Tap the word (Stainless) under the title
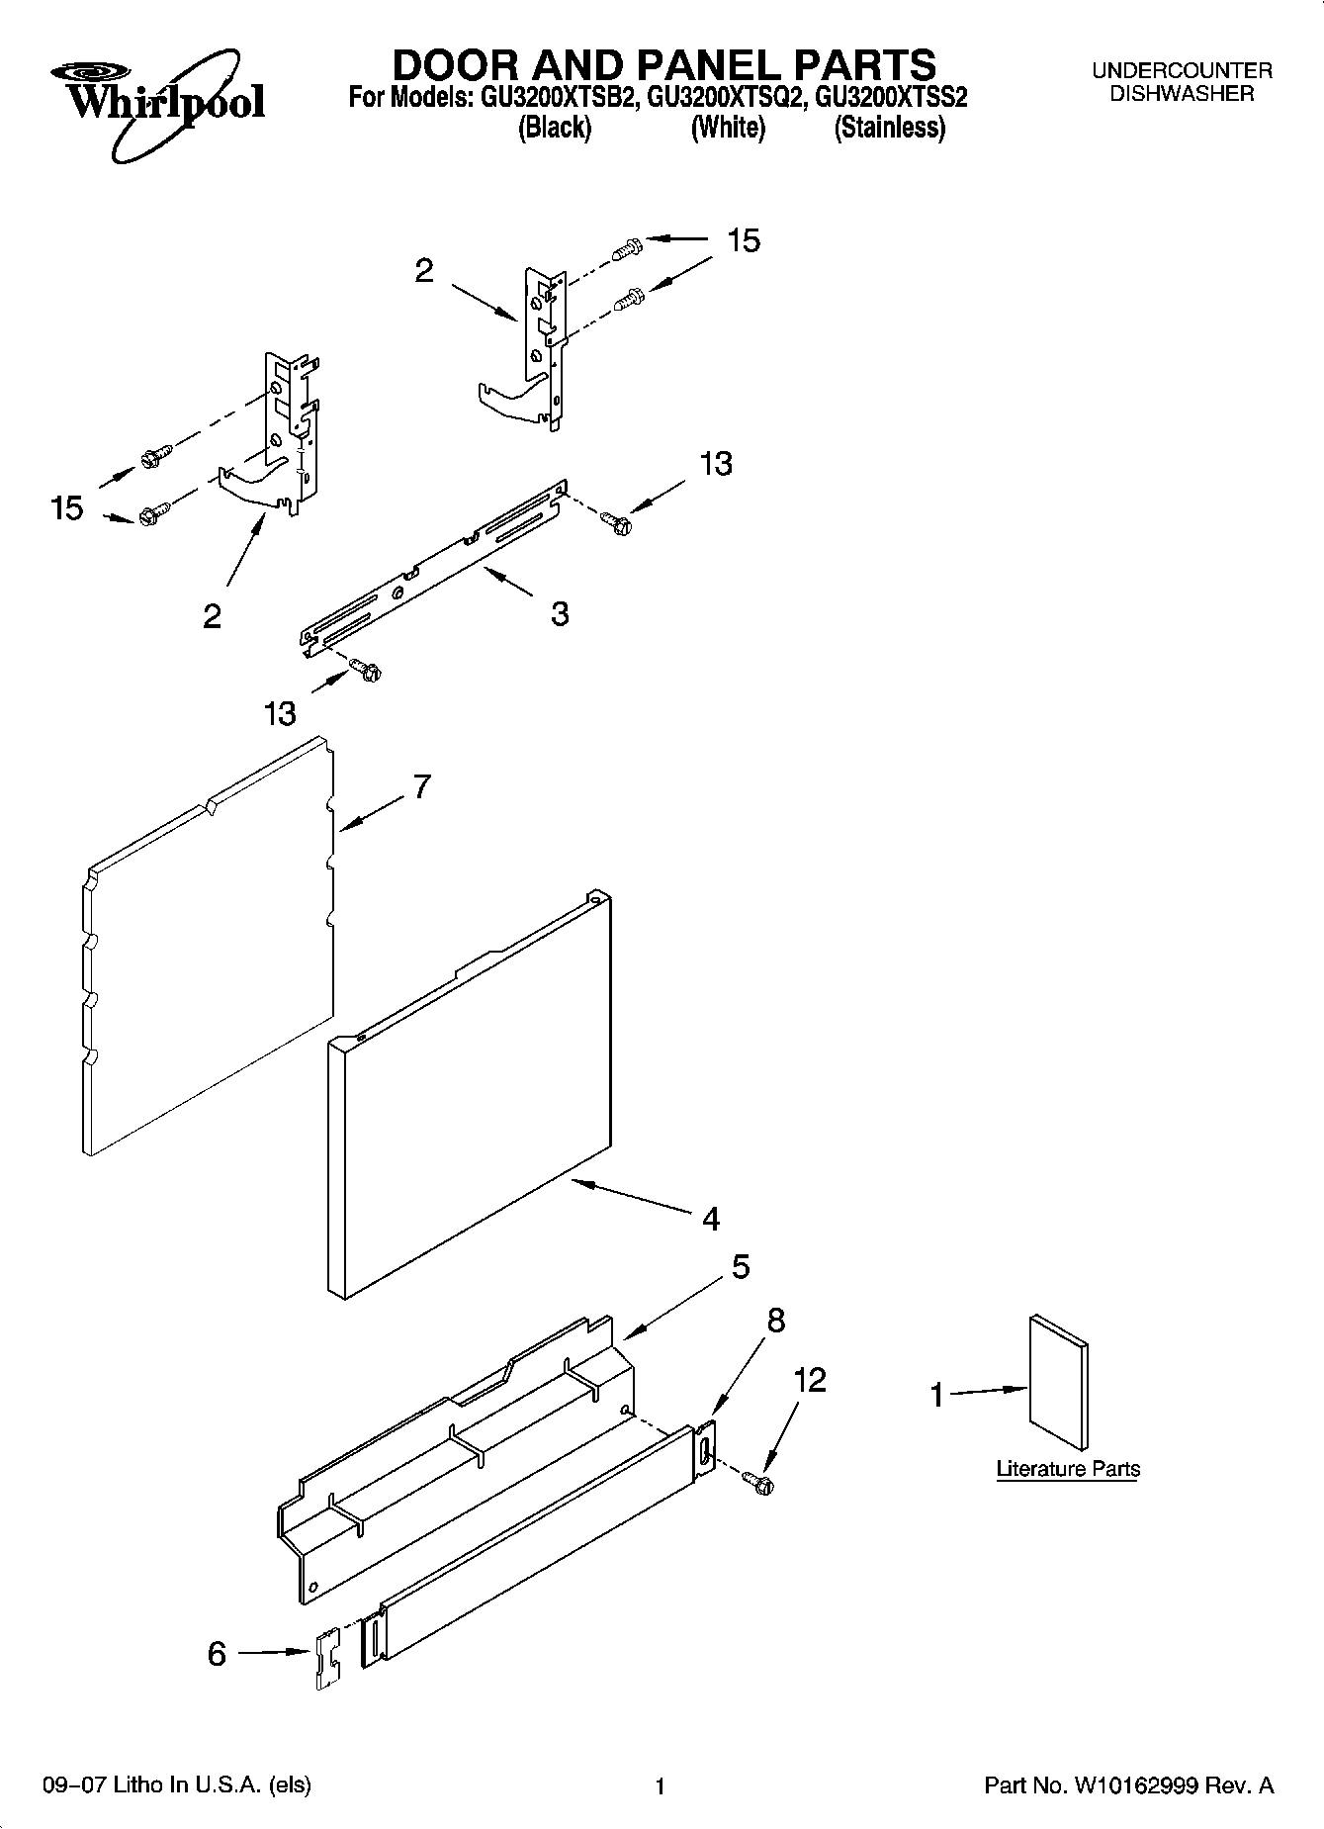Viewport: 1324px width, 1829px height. click(889, 128)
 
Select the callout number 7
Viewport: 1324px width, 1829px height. click(422, 787)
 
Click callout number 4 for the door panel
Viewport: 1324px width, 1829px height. click(710, 1219)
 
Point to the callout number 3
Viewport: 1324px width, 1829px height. click(559, 613)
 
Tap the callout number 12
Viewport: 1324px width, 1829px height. click(810, 1380)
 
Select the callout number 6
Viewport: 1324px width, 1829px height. click(217, 1654)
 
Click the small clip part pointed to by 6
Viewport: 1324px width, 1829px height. click(326, 1662)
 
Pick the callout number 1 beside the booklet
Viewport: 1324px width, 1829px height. click(936, 1395)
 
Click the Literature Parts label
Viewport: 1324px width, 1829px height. click(1067, 1469)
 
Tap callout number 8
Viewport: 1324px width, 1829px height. click(776, 1320)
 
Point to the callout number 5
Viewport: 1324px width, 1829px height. click(741, 1267)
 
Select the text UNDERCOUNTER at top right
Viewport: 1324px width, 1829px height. click(1181, 71)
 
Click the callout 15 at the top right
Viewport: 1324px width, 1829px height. click(744, 240)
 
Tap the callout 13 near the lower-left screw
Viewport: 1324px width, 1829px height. click(280, 713)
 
